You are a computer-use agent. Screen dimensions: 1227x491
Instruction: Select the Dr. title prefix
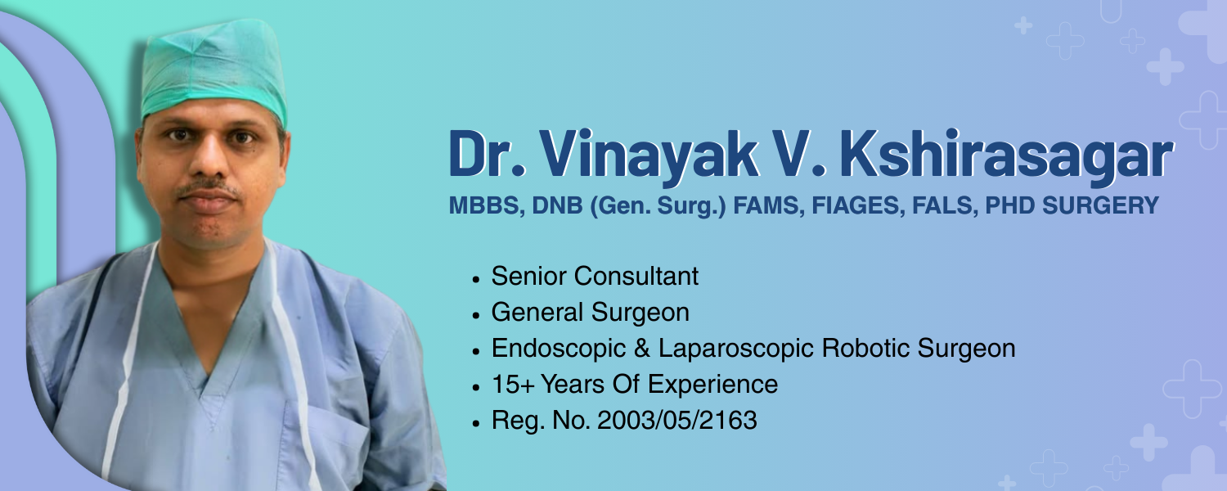tap(487, 154)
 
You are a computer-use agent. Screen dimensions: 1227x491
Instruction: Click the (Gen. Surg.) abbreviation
tap(658, 206)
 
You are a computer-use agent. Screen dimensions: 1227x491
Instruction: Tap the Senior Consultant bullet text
tap(595, 276)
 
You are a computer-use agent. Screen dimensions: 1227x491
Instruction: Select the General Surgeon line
tap(590, 313)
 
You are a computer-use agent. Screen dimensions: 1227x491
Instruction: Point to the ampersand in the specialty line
tap(642, 349)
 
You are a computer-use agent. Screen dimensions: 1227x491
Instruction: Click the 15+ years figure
tap(513, 384)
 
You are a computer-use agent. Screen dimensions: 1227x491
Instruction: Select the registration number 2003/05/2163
tap(677, 421)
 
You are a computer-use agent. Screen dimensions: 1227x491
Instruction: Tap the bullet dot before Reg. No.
tap(475, 424)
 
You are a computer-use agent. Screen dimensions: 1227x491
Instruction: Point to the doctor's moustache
tap(209, 188)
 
